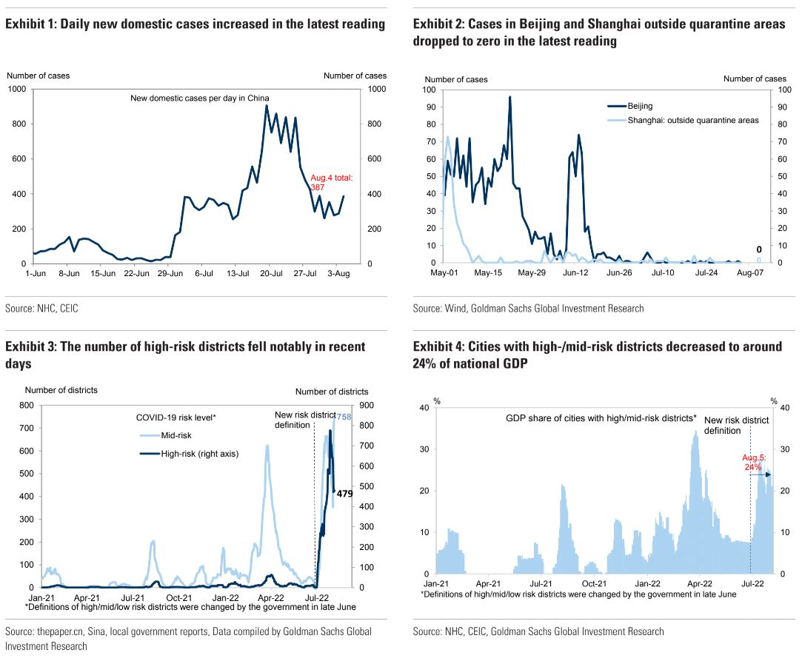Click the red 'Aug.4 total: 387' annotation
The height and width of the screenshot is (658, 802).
[x=332, y=183]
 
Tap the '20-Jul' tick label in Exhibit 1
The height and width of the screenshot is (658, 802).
[x=268, y=273]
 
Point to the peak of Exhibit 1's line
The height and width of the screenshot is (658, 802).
[x=267, y=106]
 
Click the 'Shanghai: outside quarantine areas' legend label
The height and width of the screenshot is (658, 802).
[x=692, y=120]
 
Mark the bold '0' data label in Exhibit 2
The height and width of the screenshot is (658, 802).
[x=758, y=249]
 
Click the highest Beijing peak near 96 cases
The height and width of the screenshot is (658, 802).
[x=509, y=97]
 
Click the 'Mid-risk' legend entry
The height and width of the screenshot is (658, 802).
[x=176, y=435]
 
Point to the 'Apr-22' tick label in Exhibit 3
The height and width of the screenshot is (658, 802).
[x=270, y=597]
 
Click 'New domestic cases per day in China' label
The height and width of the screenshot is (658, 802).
[x=200, y=98]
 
